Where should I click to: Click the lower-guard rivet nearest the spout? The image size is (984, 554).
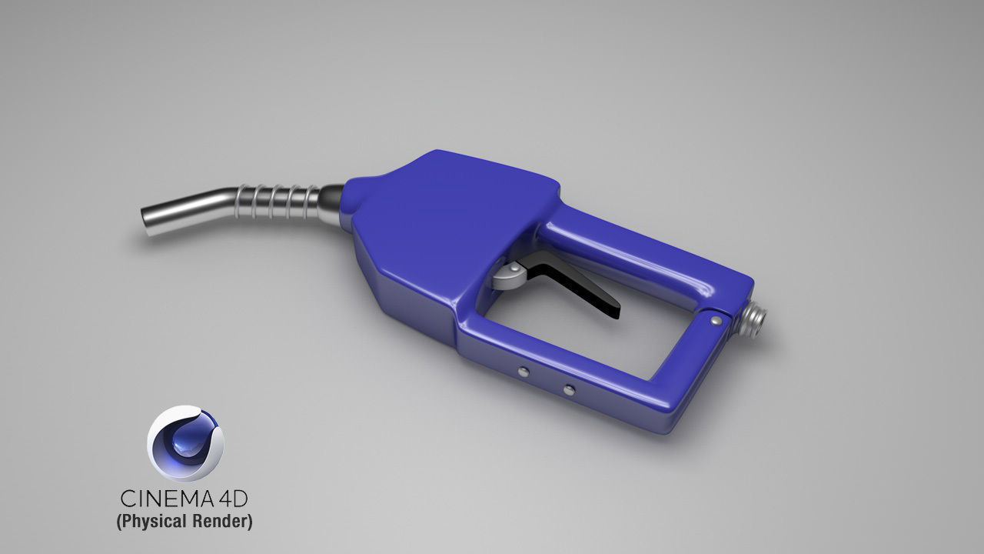coord(523,372)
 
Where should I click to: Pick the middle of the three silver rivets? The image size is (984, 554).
coord(568,390)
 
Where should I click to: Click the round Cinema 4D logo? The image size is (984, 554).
coord(185,444)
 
